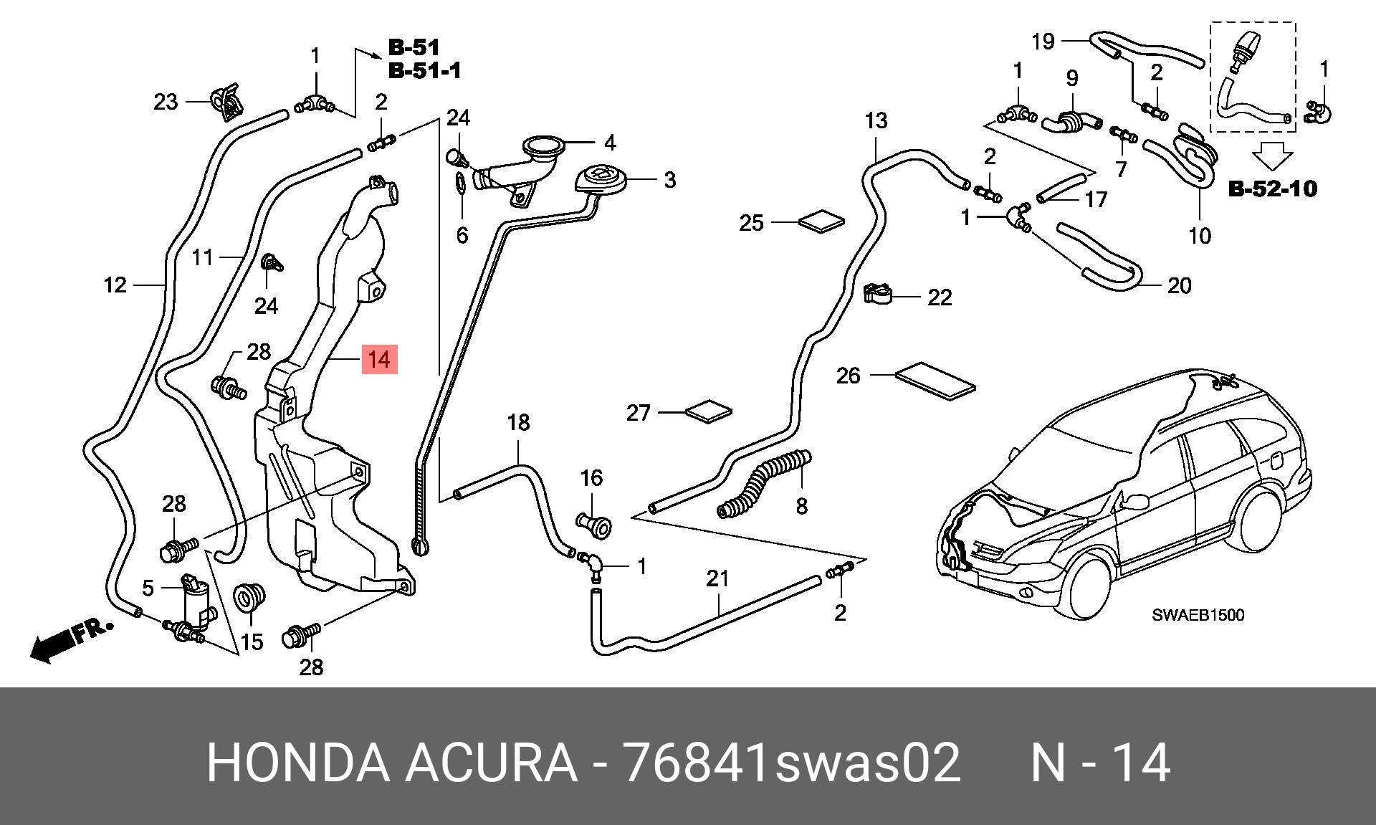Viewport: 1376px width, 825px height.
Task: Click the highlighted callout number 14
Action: (x=379, y=359)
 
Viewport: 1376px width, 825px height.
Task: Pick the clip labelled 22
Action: (x=877, y=293)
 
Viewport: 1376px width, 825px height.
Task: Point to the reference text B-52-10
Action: (x=1273, y=189)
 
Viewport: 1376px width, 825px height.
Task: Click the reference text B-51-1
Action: (x=424, y=70)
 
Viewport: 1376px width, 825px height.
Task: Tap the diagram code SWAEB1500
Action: (x=1198, y=615)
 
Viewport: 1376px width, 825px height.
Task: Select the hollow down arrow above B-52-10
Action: (x=1272, y=156)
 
